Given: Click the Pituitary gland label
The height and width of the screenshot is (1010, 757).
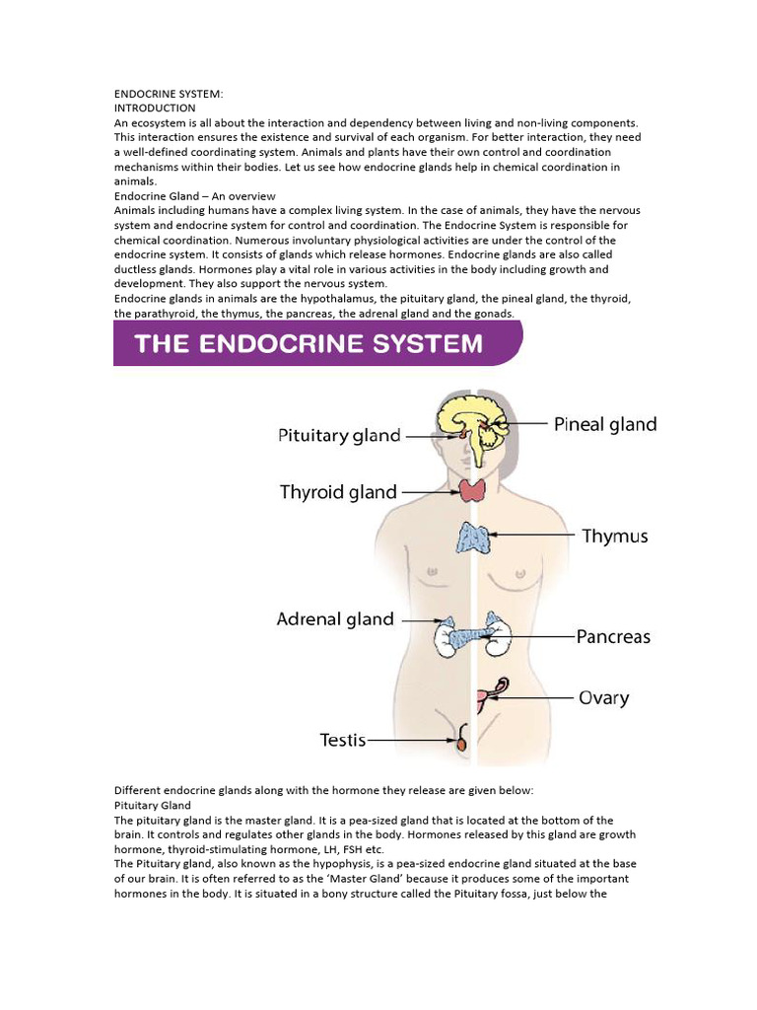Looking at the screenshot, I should tap(339, 435).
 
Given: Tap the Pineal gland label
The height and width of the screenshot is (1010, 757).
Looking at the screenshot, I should tap(604, 424).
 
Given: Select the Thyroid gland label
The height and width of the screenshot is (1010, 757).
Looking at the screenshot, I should tap(338, 491).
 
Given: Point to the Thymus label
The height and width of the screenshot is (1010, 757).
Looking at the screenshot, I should tap(614, 537).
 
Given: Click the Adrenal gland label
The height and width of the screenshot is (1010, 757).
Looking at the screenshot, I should tap(335, 619).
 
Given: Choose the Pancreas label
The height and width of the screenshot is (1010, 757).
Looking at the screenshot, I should tap(614, 637).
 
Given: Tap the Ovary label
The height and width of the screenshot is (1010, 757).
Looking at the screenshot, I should tap(603, 698).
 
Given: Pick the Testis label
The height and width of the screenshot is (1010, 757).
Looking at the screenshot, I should tap(343, 739).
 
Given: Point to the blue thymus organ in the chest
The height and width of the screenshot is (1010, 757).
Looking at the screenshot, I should tap(474, 538).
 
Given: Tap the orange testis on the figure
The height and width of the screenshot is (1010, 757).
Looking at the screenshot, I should tap(460, 746).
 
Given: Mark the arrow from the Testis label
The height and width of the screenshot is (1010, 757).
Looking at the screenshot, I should tap(412, 739).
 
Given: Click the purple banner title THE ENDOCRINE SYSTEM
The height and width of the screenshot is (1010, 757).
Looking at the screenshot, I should tap(309, 343).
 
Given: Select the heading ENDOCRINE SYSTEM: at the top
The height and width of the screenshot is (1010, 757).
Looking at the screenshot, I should tap(169, 94).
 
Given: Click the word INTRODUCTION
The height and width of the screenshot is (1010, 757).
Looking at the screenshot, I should tap(155, 108).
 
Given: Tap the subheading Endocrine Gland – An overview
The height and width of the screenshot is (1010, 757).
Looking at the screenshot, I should tap(195, 196).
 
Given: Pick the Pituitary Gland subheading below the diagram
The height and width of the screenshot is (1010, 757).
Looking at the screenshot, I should tap(153, 806).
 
